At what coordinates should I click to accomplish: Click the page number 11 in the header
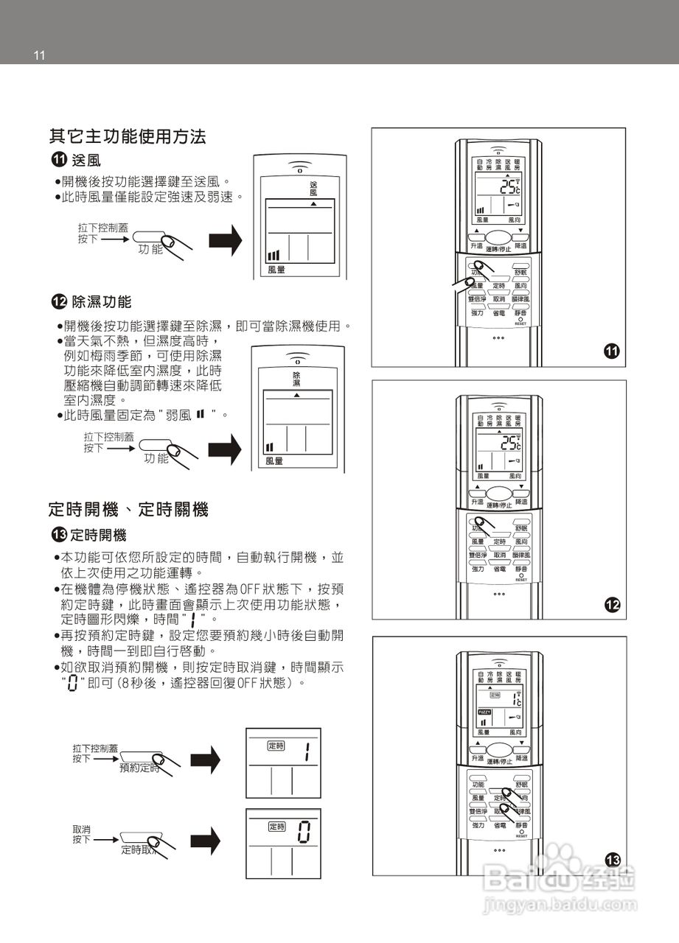click(39, 55)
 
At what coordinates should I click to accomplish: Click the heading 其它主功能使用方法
click(128, 136)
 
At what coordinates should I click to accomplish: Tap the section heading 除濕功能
click(101, 301)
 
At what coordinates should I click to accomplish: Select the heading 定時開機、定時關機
click(128, 509)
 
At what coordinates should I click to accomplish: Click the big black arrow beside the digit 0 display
click(206, 838)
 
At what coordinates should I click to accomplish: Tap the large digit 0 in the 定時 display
click(303, 834)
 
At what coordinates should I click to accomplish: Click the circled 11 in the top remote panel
click(611, 351)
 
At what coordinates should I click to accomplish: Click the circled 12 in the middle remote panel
click(611, 606)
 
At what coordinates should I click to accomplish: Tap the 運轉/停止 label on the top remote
click(498, 248)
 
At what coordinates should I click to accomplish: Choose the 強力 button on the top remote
click(478, 313)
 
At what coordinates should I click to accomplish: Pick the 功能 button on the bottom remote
click(478, 785)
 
